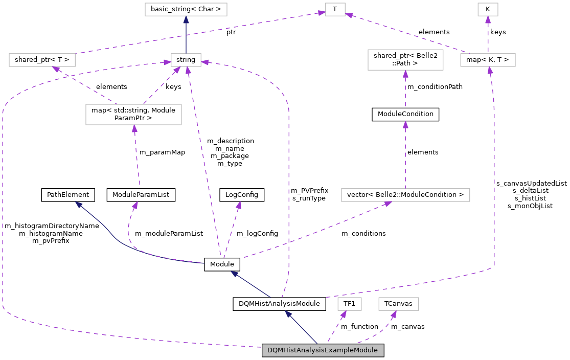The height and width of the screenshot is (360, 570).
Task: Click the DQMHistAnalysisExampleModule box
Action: (323, 350)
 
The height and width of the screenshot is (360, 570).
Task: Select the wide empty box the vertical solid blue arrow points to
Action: (186, 9)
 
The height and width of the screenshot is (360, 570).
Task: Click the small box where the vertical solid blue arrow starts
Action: (186, 60)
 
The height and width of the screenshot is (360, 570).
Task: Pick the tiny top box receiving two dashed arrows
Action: (335, 9)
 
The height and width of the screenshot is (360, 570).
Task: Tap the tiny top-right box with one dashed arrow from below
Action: (488, 9)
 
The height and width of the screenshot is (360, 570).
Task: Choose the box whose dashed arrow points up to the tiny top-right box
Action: (488, 60)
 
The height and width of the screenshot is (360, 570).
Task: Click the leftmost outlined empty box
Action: (42, 60)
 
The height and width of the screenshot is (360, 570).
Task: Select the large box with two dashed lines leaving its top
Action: (133, 115)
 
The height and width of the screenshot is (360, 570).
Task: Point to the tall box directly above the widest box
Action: (405, 60)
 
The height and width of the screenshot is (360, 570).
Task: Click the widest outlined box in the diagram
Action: (405, 195)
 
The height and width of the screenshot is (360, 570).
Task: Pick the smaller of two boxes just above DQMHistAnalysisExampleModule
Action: (350, 304)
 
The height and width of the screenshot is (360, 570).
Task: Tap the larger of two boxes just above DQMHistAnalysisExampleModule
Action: (398, 304)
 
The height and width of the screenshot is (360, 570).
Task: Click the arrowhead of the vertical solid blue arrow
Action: (186, 19)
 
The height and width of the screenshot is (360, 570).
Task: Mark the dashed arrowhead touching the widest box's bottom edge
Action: (388, 204)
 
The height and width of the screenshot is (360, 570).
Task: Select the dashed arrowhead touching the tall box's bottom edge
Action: (405, 74)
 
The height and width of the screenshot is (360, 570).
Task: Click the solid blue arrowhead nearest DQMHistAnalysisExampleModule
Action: (288, 314)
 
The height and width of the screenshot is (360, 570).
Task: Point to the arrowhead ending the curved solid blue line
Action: (78, 204)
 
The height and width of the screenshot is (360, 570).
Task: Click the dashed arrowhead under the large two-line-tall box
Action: (134, 129)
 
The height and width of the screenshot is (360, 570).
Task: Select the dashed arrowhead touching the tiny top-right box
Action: (488, 19)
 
